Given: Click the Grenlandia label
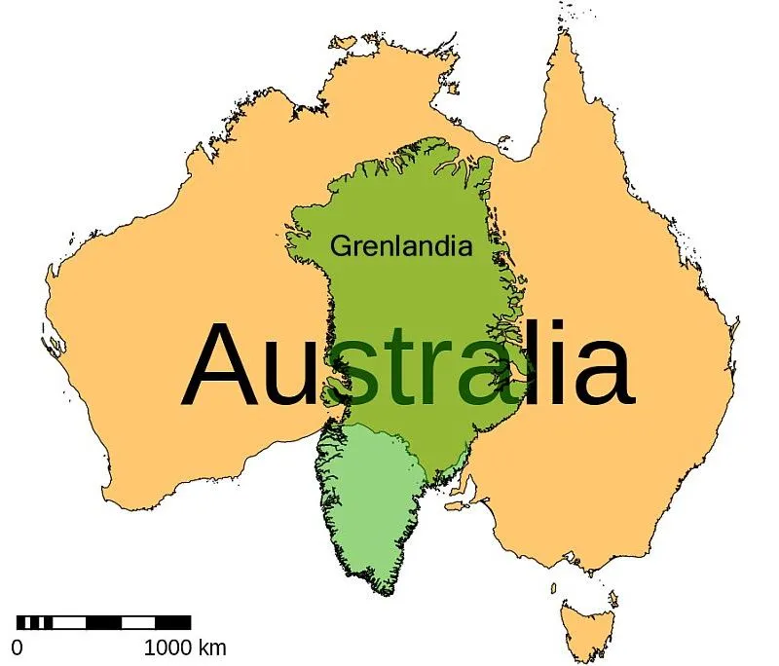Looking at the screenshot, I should pos(401,246).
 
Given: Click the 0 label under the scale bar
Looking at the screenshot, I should pos(18,647).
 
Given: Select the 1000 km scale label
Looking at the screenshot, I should pos(185,647).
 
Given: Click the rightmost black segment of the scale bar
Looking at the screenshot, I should pos(172,622).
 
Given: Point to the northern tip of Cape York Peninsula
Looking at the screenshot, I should pos(563,36).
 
